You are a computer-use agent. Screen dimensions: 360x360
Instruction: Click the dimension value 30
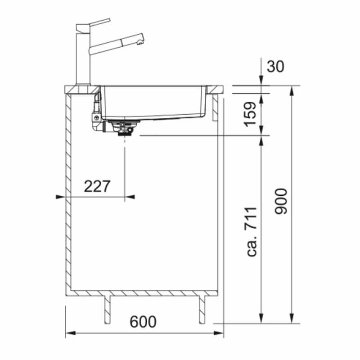coord(275,66)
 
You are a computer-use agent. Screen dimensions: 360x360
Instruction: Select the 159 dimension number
coord(250,114)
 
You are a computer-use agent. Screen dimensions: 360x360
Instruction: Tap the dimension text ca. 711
coord(251,232)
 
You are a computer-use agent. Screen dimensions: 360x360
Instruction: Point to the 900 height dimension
coord(281,201)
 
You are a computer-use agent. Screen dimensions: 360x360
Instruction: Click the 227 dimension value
coord(97,186)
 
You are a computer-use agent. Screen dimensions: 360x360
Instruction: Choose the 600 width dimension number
coord(143,322)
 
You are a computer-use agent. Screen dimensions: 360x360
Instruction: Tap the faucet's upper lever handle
coord(100,22)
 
